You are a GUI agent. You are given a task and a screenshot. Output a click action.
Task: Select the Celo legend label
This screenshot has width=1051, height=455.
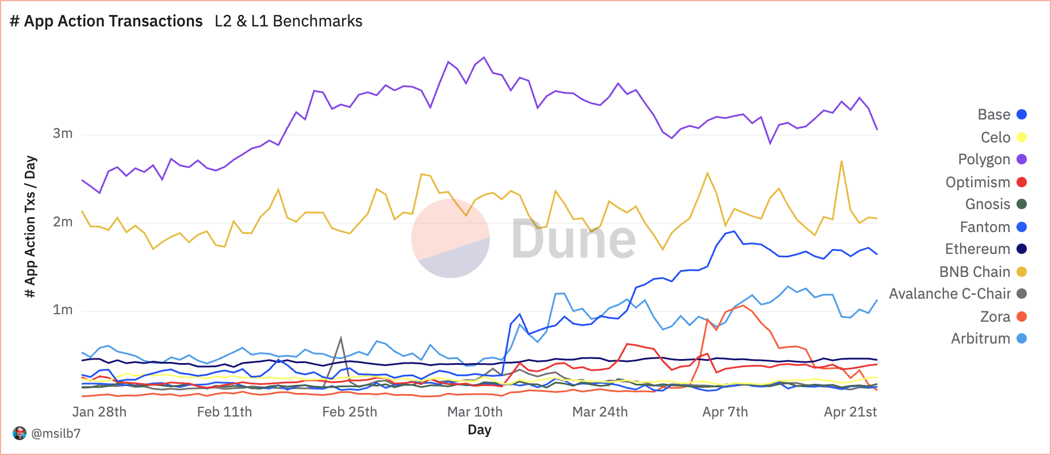click(x=995, y=137)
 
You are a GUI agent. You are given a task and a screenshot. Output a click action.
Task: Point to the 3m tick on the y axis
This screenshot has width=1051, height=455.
click(x=63, y=134)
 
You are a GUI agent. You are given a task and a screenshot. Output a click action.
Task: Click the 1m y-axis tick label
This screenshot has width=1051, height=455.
click(x=63, y=310)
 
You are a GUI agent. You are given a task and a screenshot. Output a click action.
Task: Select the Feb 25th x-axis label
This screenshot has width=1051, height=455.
click(x=350, y=412)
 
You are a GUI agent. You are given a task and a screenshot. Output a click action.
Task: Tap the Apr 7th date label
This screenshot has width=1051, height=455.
click(x=725, y=412)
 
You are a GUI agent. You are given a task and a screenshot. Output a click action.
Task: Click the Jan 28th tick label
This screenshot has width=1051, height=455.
click(x=99, y=412)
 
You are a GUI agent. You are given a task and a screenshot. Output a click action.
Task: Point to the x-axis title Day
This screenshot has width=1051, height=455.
click(x=480, y=430)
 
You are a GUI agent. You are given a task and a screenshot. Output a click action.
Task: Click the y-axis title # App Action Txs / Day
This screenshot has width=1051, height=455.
click(x=30, y=226)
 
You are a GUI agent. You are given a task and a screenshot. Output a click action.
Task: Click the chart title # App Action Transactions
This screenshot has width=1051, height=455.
click(x=106, y=21)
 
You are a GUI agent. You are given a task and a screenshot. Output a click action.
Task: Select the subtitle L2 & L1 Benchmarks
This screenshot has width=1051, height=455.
click(x=289, y=21)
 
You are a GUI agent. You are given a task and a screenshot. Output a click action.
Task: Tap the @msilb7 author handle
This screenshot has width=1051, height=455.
click(x=56, y=433)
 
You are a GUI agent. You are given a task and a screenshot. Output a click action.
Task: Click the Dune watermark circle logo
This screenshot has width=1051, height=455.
click(x=450, y=238)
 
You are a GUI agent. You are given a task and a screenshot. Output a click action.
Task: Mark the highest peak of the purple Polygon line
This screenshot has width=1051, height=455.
click(x=484, y=57)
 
